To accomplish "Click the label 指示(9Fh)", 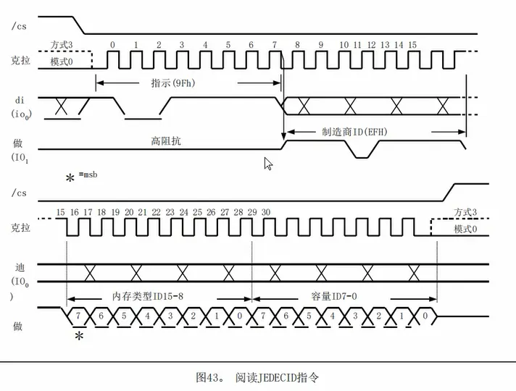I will (x=175, y=82).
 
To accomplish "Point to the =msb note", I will (x=90, y=175).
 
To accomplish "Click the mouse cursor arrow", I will (x=268, y=163).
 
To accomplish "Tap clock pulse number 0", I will (x=112, y=45).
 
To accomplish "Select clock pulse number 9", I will (x=321, y=45).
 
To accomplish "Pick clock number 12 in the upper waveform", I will (x=371, y=45).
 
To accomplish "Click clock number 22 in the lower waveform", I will (x=156, y=212).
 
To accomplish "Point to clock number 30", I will (x=266, y=212).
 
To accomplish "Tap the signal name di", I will (x=20, y=100).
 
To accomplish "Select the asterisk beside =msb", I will (x=70, y=178).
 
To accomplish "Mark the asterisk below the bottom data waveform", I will (x=79, y=337).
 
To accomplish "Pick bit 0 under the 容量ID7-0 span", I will (x=427, y=317).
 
